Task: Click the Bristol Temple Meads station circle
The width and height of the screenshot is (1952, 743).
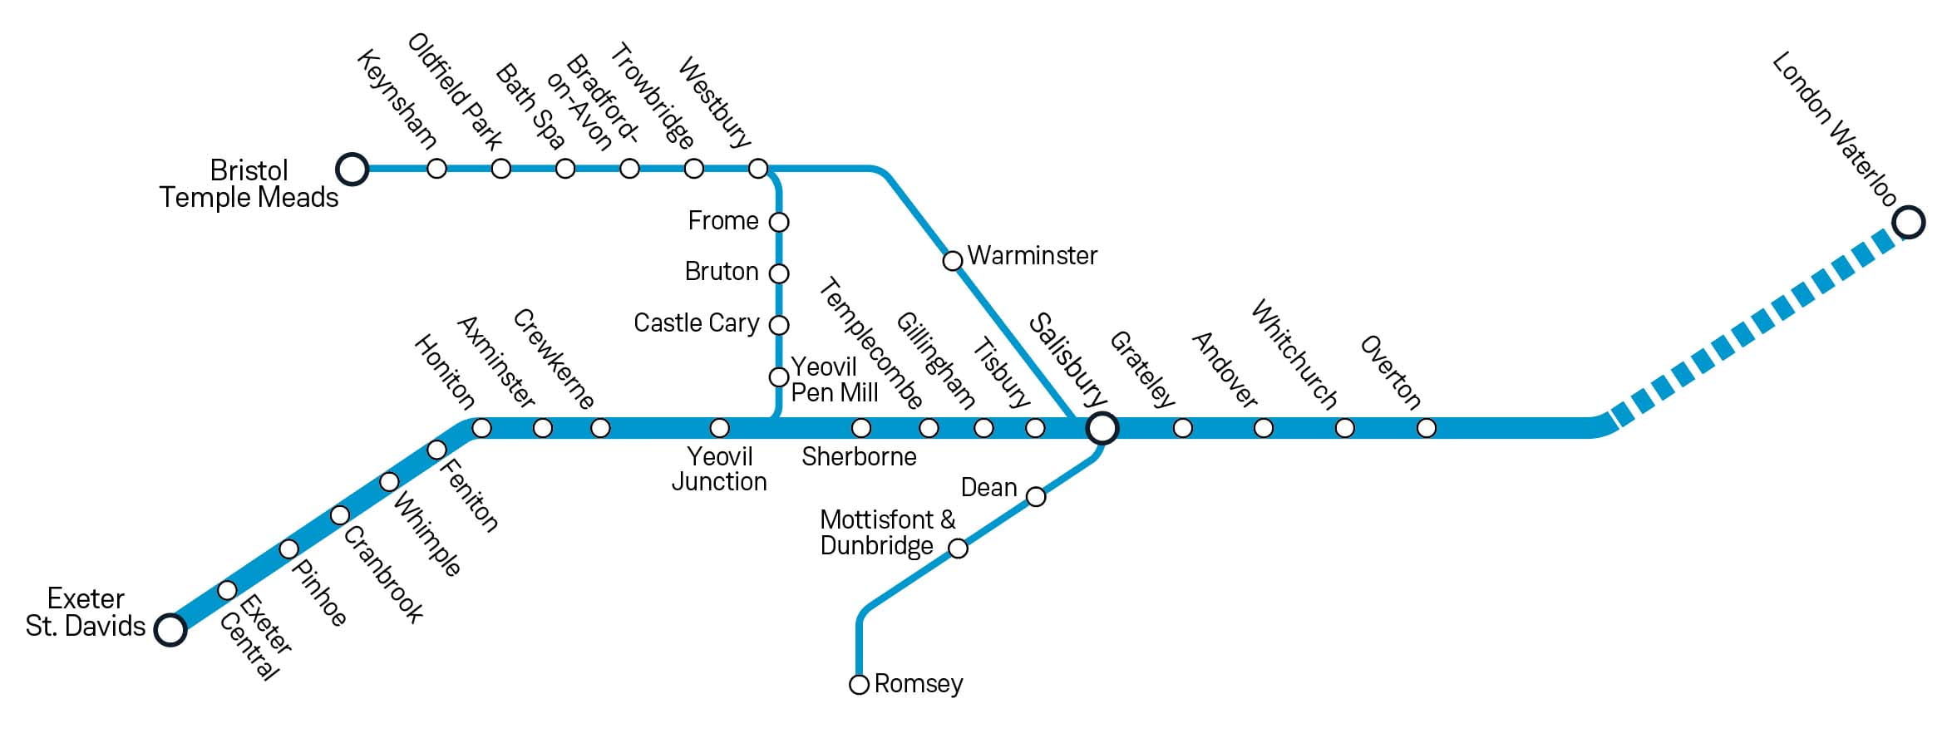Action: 352,169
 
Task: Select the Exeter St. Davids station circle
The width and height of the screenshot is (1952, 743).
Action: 170,629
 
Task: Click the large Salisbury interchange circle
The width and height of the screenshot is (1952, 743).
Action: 1102,428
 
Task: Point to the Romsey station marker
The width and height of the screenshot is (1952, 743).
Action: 860,685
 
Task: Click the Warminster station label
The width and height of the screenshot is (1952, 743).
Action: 1032,255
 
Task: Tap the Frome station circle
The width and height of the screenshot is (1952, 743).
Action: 779,222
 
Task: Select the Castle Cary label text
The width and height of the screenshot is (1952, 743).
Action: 696,322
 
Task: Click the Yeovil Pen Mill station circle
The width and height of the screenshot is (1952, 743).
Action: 779,377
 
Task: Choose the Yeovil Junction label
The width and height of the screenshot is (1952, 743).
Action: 719,469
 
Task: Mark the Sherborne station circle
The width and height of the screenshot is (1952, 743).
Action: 861,428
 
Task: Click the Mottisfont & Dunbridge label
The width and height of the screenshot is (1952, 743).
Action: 886,533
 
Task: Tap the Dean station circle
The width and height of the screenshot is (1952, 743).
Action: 1036,497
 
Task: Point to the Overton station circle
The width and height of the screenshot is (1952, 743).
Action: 1427,428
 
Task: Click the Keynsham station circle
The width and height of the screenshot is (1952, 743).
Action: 436,169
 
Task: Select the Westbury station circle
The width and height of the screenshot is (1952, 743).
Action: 758,169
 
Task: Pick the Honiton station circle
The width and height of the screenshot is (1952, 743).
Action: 481,428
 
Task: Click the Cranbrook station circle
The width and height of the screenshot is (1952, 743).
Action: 339,515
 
